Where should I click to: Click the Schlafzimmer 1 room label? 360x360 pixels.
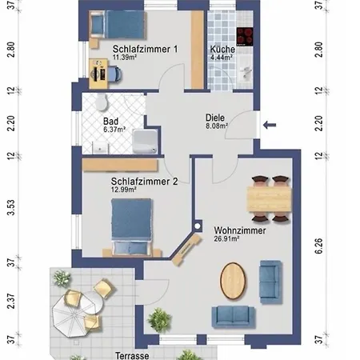coord(145,49)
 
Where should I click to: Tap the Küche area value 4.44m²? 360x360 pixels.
coord(222,57)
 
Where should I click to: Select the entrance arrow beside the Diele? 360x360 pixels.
coord(270,125)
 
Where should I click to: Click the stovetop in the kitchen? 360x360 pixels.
coord(245,37)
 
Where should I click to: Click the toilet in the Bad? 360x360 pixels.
coord(102,102)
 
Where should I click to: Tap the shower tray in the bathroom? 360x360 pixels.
coord(145,142)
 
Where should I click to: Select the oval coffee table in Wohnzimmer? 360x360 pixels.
coord(233,281)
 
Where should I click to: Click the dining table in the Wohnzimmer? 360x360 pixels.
coord(269,199)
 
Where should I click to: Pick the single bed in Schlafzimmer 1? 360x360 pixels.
coord(118,25)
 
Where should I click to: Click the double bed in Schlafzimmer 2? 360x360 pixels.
coord(131,226)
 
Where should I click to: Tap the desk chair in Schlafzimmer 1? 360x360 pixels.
coord(114,74)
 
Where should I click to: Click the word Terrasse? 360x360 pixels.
coord(132,355)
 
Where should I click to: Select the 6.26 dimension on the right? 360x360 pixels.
coord(318,246)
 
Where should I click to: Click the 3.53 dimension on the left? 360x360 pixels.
coord(11,207)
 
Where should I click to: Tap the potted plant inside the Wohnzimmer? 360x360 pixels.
coord(159,320)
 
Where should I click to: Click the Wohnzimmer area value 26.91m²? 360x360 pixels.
coord(226,238)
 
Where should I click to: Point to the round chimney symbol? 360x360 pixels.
coord(198,226)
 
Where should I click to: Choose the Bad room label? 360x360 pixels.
coord(110,122)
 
